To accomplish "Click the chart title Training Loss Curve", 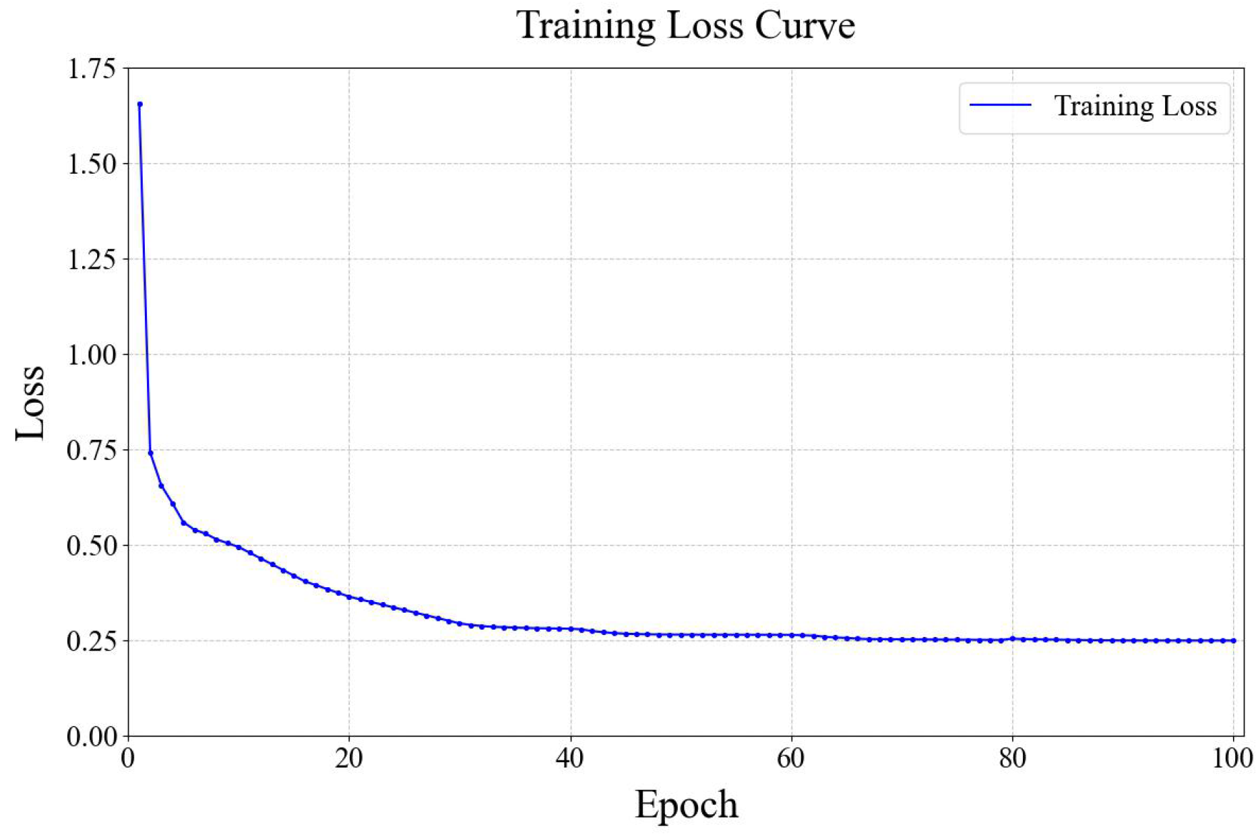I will point(685,26).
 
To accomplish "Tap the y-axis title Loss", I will point(30,403).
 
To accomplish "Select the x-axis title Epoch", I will point(686,805).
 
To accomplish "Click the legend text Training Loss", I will point(1135,106).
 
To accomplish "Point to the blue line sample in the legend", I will point(1001,105).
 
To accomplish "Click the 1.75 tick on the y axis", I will point(91,69).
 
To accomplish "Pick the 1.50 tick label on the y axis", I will point(91,164).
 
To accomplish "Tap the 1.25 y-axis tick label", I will point(91,260).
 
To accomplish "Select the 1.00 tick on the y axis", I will point(91,355).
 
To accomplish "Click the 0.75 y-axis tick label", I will point(91,450).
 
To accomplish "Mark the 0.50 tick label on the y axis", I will point(91,546).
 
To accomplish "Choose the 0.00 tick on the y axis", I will point(91,737).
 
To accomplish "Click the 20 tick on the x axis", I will point(349,759).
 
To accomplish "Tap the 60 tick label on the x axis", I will point(791,759).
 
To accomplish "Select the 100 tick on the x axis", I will point(1233,759).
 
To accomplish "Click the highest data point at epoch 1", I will point(139,104).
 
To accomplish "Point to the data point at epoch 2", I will point(150,453).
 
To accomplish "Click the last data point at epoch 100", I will point(1234,641).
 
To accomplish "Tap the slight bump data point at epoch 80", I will point(1013,638).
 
